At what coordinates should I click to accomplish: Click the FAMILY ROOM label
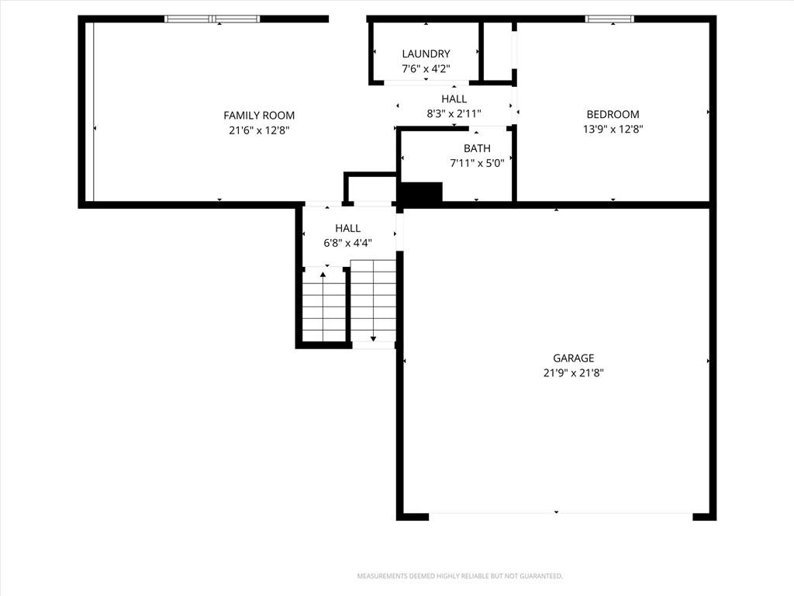(x=259, y=116)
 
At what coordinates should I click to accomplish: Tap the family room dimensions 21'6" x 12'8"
(x=259, y=130)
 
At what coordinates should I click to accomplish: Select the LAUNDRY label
(x=426, y=54)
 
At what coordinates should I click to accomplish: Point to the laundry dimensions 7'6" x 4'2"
(x=426, y=68)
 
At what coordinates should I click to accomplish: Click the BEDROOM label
(x=613, y=114)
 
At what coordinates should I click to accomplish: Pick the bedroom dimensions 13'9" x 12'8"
(x=613, y=129)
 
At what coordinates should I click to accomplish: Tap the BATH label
(x=477, y=148)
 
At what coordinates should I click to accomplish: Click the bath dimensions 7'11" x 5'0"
(x=477, y=163)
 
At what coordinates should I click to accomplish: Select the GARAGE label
(x=573, y=359)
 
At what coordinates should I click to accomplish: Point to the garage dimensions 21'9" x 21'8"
(x=573, y=373)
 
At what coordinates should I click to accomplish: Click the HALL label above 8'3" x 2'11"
(x=454, y=99)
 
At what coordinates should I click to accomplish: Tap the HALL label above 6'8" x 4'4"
(x=347, y=228)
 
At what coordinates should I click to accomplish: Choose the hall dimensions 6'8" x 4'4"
(x=347, y=243)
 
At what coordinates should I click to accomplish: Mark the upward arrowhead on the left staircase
(x=323, y=275)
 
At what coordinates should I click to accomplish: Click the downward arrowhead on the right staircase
(x=373, y=338)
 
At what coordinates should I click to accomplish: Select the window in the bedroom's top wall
(x=609, y=19)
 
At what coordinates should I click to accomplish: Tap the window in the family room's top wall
(x=212, y=19)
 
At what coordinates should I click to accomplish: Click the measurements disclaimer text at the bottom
(x=460, y=577)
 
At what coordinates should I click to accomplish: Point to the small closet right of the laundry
(x=498, y=51)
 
